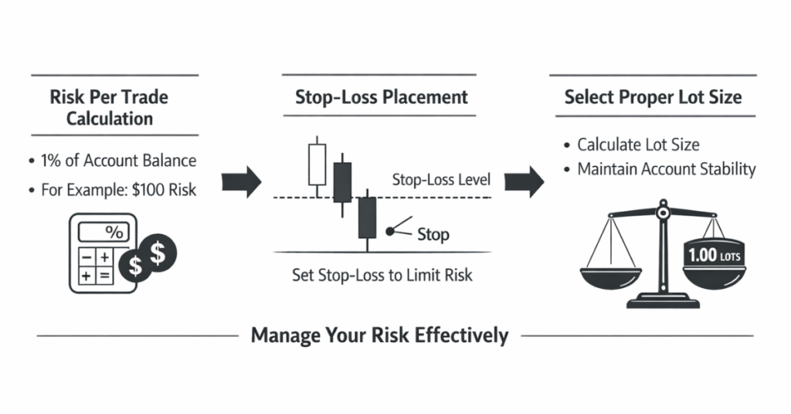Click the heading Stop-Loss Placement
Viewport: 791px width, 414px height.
382,97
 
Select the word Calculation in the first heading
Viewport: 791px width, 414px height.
109,119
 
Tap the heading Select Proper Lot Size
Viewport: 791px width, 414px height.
653,97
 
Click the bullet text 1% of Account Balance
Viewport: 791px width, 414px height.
117,161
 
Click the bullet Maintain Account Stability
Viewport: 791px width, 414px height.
666,169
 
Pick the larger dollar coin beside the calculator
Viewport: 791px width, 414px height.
159,251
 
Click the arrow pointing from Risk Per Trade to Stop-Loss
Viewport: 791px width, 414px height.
241,182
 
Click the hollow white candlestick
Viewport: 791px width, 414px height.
317,164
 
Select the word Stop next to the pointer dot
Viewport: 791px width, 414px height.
433,234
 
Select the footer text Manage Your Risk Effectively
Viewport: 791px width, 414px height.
379,335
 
